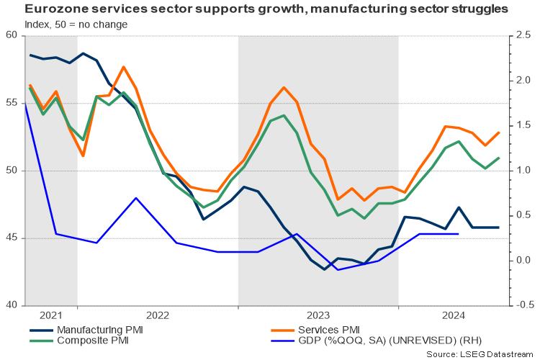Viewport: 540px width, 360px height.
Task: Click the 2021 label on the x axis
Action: pos(51,315)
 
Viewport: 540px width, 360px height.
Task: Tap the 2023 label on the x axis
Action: pos(318,315)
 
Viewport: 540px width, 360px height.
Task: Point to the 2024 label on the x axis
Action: pos(453,315)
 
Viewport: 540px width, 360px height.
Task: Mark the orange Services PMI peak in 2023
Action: pos(283,87)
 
